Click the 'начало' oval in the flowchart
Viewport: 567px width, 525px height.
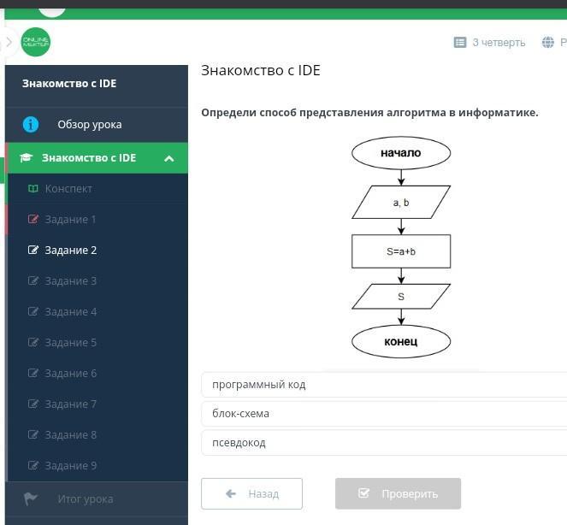pyautogui.click(x=400, y=153)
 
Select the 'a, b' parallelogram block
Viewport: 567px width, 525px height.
pyautogui.click(x=400, y=203)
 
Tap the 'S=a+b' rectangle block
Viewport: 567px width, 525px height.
pyautogui.click(x=400, y=251)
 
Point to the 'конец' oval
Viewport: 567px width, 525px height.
pyautogui.click(x=400, y=342)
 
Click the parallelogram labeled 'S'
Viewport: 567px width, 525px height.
pyautogui.click(x=400, y=297)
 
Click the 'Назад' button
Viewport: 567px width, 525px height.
pyautogui.click(x=251, y=493)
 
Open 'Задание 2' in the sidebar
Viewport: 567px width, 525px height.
pyautogui.click(x=70, y=251)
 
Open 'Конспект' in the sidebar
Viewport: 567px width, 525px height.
pyautogui.click(x=68, y=189)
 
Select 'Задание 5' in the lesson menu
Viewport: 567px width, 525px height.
pyautogui.click(x=70, y=343)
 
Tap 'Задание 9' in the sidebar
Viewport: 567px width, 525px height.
pyautogui.click(x=70, y=466)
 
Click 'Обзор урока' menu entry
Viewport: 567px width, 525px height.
pyautogui.click(x=89, y=125)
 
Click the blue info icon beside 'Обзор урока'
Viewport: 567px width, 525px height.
pyautogui.click(x=31, y=125)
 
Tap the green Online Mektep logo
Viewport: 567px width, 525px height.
pyautogui.click(x=36, y=43)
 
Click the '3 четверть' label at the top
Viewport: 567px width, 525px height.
pyautogui.click(x=498, y=43)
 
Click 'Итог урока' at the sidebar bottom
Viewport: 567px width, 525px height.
pyautogui.click(x=85, y=499)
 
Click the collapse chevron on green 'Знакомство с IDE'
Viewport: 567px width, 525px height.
pyautogui.click(x=169, y=158)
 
